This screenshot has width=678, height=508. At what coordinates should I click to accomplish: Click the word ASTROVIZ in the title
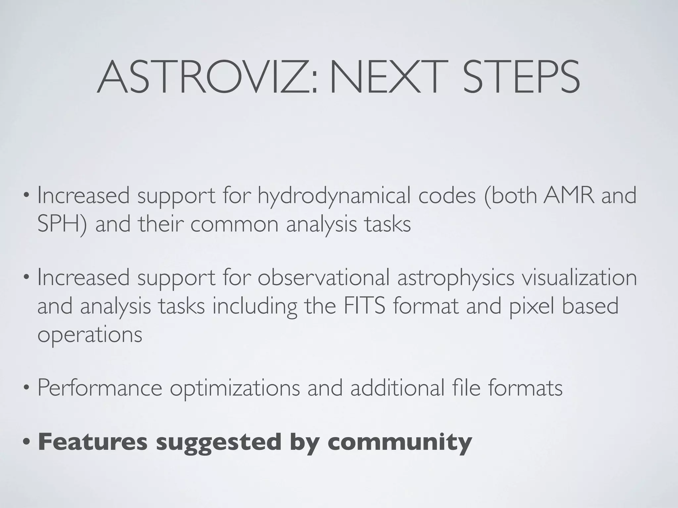207,78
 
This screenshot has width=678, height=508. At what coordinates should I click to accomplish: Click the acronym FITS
364,306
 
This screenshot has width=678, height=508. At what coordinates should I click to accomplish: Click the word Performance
100,388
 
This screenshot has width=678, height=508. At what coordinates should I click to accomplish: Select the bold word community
400,443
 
